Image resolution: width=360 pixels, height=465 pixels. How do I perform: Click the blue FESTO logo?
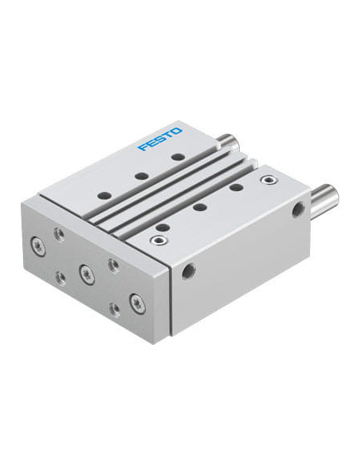(x=160, y=139)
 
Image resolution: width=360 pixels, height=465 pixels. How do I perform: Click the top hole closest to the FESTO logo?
(x=178, y=157)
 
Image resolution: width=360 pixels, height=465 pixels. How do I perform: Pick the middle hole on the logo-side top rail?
(x=142, y=176)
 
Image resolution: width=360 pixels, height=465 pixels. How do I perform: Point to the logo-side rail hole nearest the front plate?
(x=105, y=196)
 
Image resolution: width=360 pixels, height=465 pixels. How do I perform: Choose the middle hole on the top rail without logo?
(x=199, y=207)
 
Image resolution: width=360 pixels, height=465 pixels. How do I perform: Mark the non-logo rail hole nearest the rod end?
(x=236, y=187)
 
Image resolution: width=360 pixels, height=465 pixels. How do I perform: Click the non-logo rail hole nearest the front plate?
(x=162, y=228)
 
